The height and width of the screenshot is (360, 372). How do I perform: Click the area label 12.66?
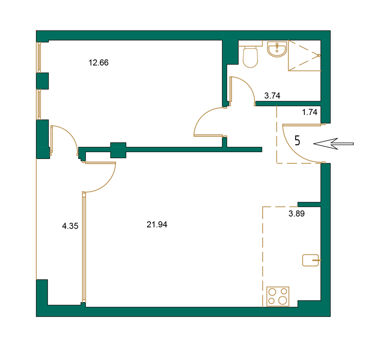pyautogui.click(x=99, y=63)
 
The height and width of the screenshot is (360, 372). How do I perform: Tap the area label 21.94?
pyautogui.click(x=157, y=225)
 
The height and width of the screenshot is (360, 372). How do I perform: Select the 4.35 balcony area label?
pyautogui.click(x=70, y=226)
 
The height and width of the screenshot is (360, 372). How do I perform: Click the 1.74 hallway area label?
pyautogui.click(x=310, y=112)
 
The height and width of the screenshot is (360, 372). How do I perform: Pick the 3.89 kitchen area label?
pyautogui.click(x=296, y=214)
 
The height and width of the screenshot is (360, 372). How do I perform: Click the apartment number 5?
pyautogui.click(x=297, y=141)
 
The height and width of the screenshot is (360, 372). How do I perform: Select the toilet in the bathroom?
pyautogui.click(x=250, y=57)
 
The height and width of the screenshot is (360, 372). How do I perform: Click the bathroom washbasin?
pyautogui.click(x=277, y=49)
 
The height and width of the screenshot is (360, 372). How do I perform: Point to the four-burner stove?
pyautogui.click(x=277, y=297)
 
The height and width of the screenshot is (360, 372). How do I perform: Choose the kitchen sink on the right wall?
pyautogui.click(x=311, y=260)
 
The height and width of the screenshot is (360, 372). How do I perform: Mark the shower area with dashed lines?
pyautogui.click(x=304, y=55)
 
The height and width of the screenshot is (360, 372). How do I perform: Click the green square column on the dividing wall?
pyautogui.click(x=118, y=150)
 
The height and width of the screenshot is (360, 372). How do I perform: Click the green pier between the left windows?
pyautogui.click(x=42, y=81)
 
